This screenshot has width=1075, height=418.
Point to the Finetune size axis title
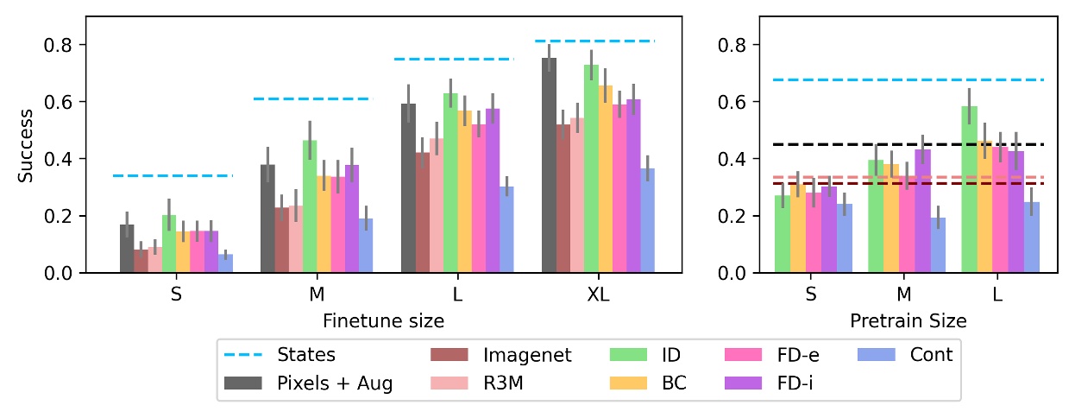click(383, 321)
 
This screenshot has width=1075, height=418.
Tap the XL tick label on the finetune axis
click(598, 294)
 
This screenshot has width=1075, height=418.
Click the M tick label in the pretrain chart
click(903, 294)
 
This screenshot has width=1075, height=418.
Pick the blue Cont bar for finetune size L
click(506, 231)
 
